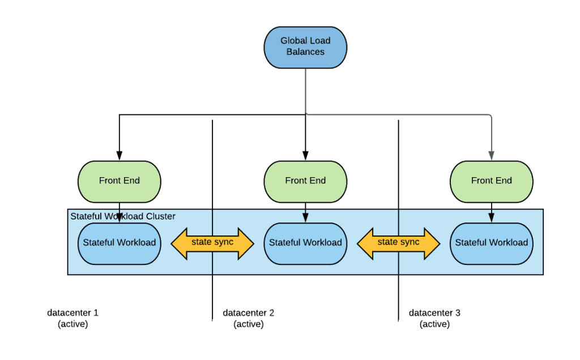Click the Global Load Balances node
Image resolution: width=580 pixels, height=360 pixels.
305,46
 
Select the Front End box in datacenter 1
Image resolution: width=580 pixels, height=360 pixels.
120,181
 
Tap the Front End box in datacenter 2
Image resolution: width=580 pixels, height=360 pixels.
305,181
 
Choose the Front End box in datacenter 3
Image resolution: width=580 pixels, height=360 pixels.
491,181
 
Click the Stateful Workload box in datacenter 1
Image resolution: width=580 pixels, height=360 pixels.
120,243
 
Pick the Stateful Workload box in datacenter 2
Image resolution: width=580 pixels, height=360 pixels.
305,243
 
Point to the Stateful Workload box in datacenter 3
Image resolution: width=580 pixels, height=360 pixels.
491,243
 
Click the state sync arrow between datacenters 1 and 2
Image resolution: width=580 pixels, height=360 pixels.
212,243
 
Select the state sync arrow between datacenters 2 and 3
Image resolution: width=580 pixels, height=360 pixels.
398,243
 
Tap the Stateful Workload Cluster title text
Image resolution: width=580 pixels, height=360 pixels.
123,216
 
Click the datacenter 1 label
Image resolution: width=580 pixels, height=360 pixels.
72,313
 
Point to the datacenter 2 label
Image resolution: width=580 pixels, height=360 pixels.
249,313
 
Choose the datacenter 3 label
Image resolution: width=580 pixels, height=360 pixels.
434,313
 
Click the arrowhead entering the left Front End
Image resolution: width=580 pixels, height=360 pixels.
120,156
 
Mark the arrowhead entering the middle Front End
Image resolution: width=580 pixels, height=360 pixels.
305,156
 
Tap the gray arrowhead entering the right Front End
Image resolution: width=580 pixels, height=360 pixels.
491,156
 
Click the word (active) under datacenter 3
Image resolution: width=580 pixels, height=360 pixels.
434,324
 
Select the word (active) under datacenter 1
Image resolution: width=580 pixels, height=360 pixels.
72,324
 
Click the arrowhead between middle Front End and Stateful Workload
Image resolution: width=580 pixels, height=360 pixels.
305,218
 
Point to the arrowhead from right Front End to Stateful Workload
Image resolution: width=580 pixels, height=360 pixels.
491,218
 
